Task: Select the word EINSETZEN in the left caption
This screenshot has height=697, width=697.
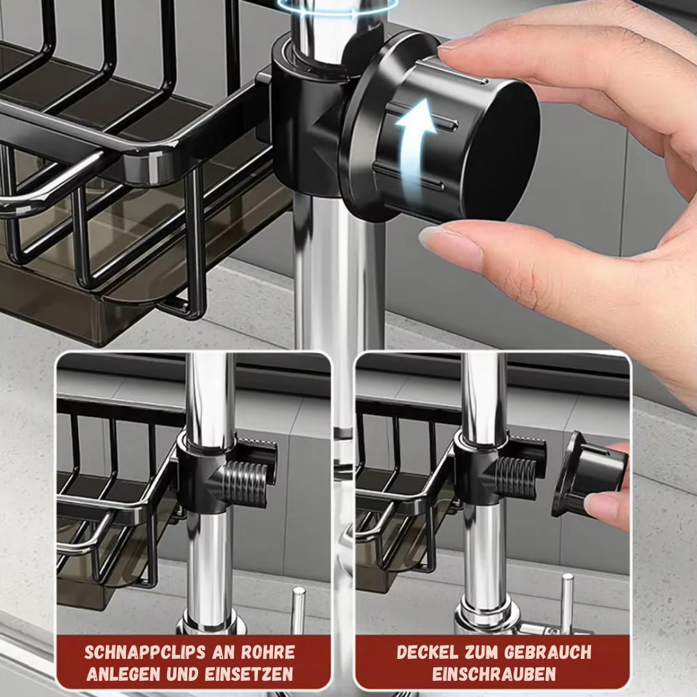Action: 249,674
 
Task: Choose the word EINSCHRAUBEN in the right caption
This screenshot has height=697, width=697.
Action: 494,674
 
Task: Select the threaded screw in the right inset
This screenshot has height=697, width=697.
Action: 516,478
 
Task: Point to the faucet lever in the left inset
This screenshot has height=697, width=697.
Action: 298,607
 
